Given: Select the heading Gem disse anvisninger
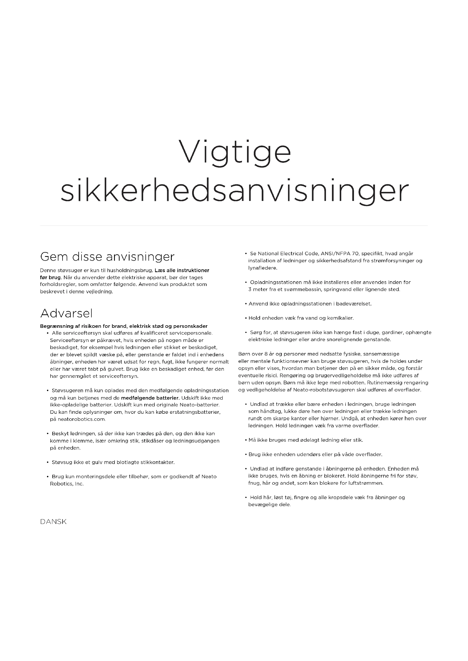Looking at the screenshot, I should click(107, 257).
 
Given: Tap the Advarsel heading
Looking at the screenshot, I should click(66, 313).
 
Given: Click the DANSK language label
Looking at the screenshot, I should click(53, 522).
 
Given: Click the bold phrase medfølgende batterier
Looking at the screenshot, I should click(150, 398).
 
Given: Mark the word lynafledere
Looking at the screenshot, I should click(263, 268).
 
